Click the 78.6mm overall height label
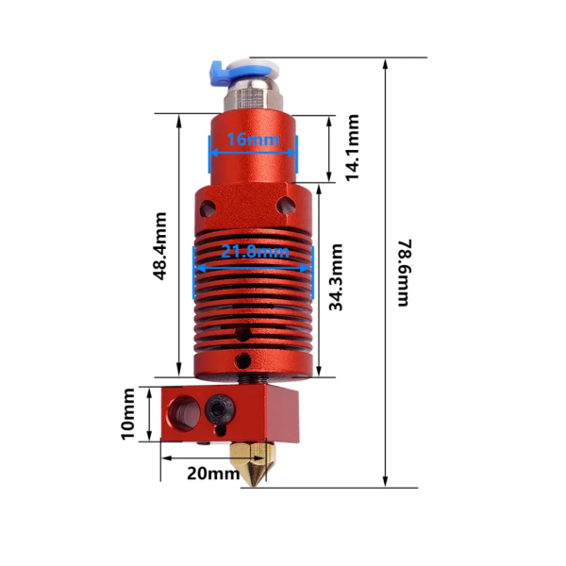(403, 272)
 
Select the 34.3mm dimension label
(336, 276)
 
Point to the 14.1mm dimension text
(352, 148)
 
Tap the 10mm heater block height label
(130, 412)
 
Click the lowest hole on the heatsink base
(244, 360)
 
